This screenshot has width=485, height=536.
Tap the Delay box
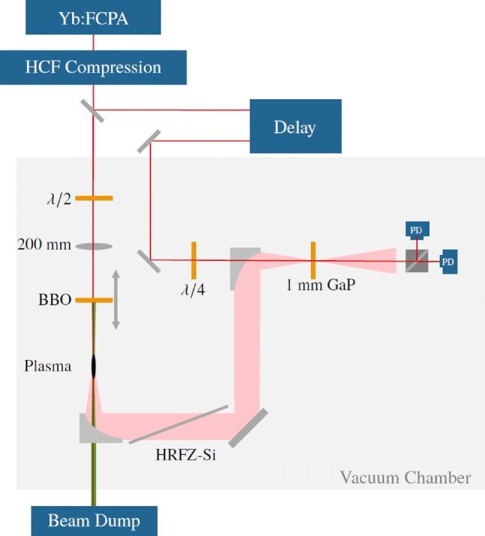[295, 127]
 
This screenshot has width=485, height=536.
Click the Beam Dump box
[94, 519]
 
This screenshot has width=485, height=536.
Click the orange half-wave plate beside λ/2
[94, 198]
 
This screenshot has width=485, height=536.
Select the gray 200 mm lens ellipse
[94, 246]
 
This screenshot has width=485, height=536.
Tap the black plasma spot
[94, 365]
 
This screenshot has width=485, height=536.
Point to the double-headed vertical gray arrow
[116, 299]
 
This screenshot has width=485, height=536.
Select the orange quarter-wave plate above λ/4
[194, 260]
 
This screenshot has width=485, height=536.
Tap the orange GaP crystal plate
[312, 260]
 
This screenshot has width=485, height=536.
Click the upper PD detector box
[416, 229]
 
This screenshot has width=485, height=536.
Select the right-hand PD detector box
[448, 261]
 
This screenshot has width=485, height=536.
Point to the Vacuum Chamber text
[405, 477]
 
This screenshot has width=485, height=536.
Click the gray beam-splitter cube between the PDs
[417, 261]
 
